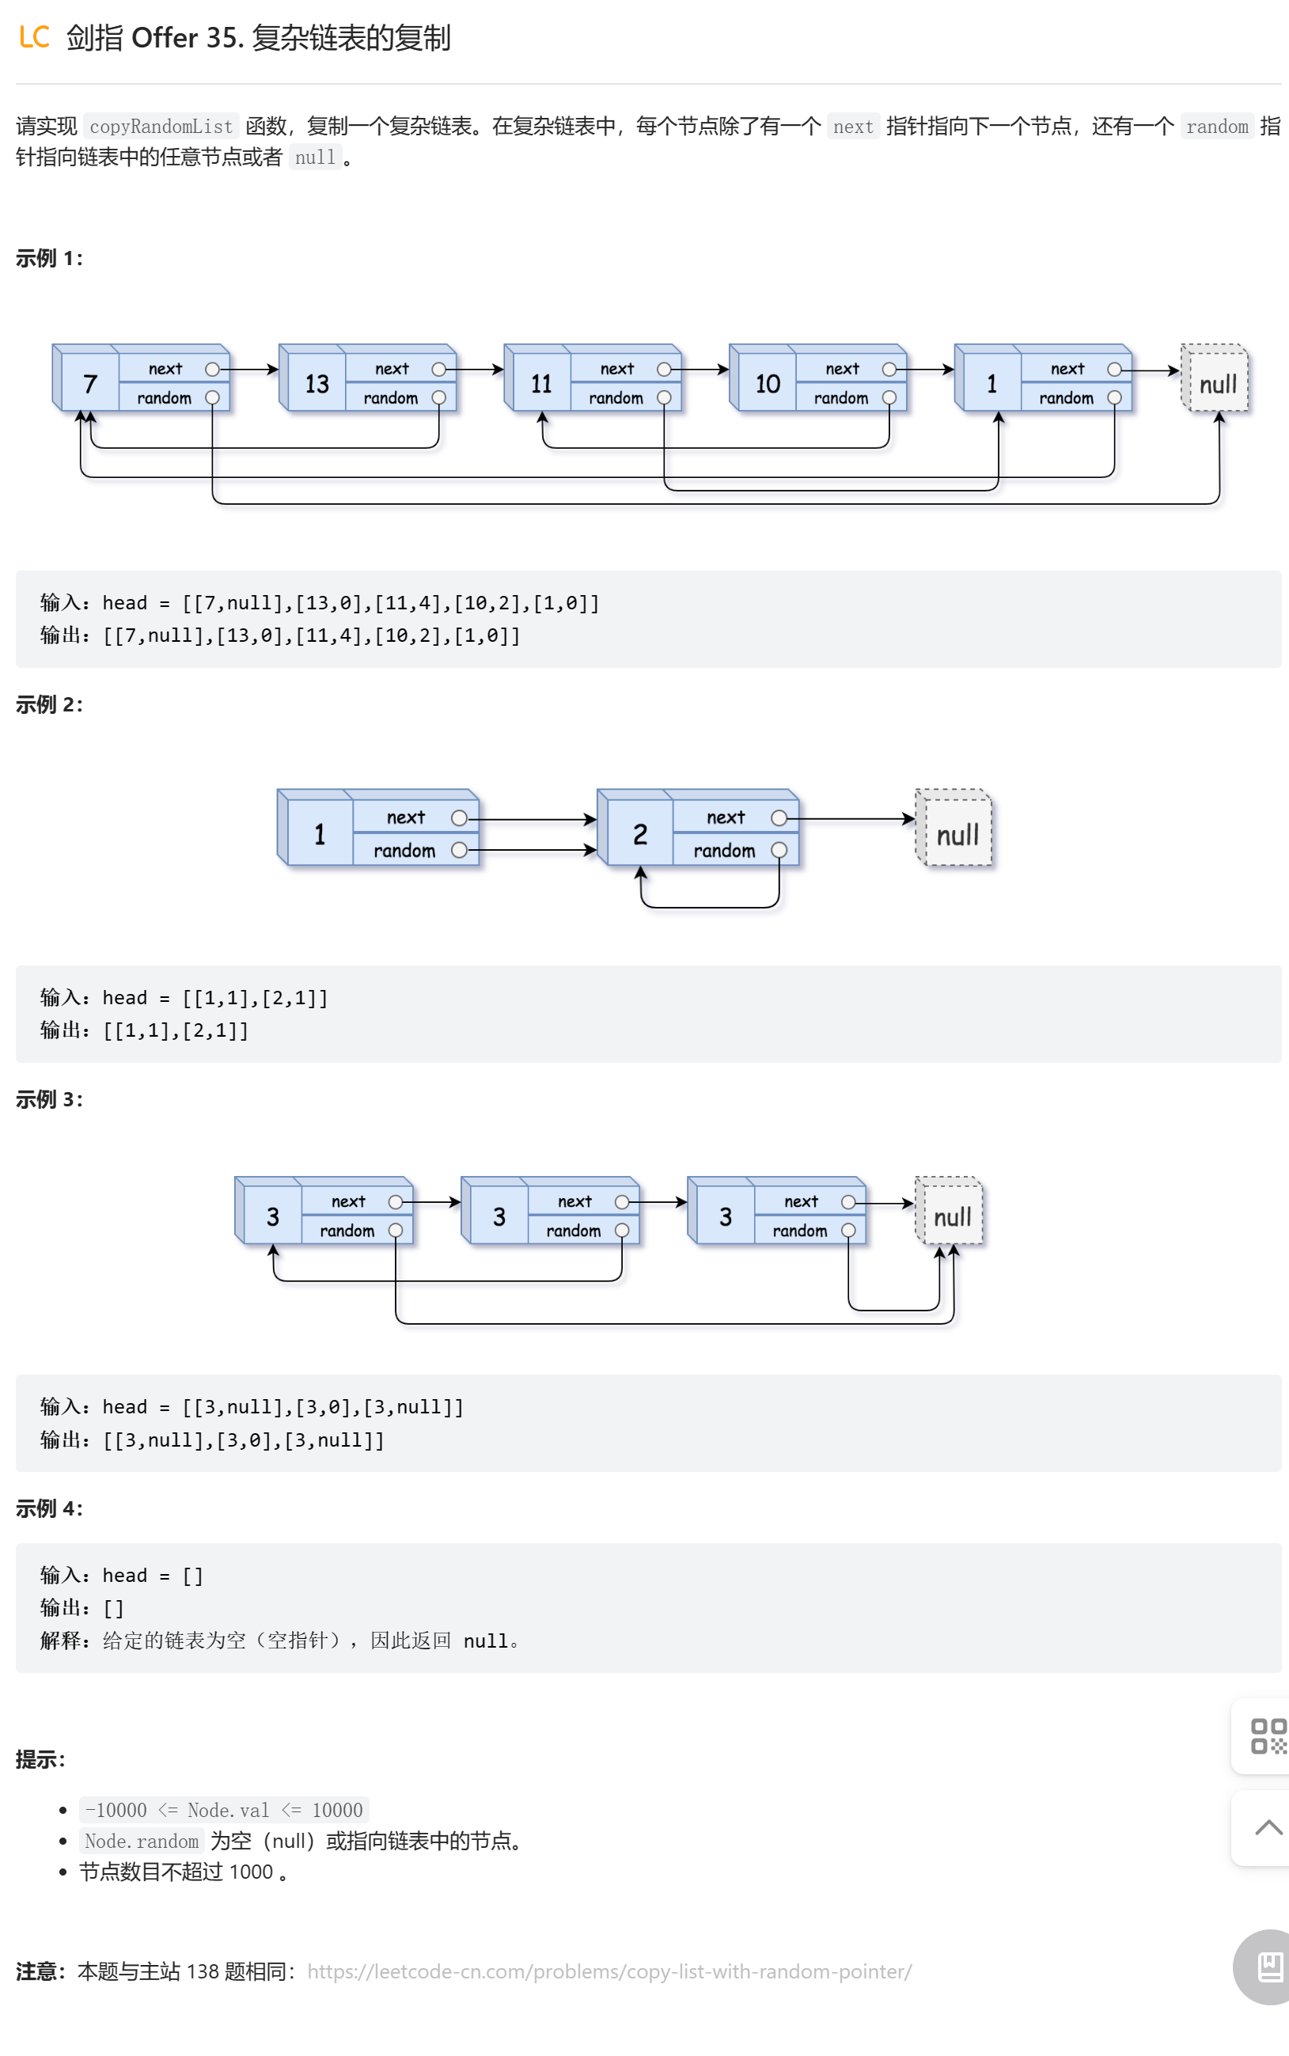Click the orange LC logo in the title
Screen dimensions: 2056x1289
(x=34, y=37)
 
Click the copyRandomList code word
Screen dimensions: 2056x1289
(x=161, y=126)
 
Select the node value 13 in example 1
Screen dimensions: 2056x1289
(x=317, y=385)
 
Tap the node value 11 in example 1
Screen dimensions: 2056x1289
(x=541, y=385)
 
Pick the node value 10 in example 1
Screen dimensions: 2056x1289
(x=768, y=385)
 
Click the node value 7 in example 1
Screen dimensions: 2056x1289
(x=89, y=385)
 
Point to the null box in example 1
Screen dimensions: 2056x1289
(x=1216, y=385)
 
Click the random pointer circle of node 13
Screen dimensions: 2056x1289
(x=439, y=398)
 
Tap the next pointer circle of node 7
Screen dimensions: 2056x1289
(x=212, y=369)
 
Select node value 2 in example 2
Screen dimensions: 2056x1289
(x=639, y=834)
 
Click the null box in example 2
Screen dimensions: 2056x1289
(x=957, y=834)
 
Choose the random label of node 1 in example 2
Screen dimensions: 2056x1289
(x=404, y=851)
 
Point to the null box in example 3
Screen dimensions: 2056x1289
(x=951, y=1216)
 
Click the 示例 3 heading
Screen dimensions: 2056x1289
(x=48, y=1099)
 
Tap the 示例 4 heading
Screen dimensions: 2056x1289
(x=48, y=1508)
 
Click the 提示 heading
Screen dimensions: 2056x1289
(x=40, y=1759)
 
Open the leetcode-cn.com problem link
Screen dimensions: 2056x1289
(x=608, y=1971)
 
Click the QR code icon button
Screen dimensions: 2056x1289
(x=1267, y=1736)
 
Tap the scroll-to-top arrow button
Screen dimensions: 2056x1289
(x=1268, y=1827)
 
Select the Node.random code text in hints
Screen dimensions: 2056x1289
(x=142, y=1842)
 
